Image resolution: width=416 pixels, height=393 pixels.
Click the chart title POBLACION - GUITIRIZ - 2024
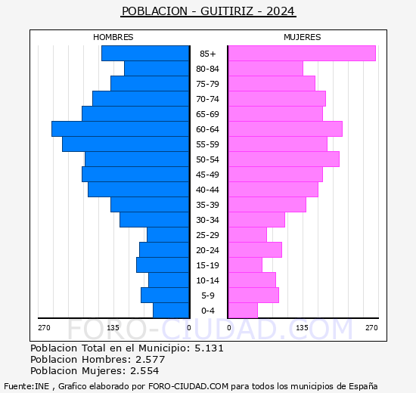coord(208,11)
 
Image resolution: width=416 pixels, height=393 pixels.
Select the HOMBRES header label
coord(113,37)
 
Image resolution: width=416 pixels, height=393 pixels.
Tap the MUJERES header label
coord(302,37)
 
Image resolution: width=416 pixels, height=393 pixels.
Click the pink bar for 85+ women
coord(301,54)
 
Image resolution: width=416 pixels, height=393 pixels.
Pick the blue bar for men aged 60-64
coord(120,129)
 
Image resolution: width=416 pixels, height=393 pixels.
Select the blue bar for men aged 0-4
coord(171,311)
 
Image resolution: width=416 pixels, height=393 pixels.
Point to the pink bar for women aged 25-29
coord(247,235)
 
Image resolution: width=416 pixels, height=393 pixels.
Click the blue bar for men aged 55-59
coord(126,144)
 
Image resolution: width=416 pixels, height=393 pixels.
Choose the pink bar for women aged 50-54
coord(283,159)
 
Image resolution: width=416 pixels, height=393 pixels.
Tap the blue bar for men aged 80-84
coord(157,69)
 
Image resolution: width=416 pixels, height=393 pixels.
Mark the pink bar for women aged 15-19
coord(245,265)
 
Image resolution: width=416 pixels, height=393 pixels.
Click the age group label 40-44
coord(207,190)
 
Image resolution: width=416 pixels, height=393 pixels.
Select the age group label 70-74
coord(207,99)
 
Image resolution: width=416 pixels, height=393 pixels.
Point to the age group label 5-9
coord(207,296)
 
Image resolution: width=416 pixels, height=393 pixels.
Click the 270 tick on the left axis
coord(44,328)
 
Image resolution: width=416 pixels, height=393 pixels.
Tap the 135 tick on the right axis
coord(302,328)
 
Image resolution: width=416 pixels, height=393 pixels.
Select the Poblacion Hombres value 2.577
coord(147,360)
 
